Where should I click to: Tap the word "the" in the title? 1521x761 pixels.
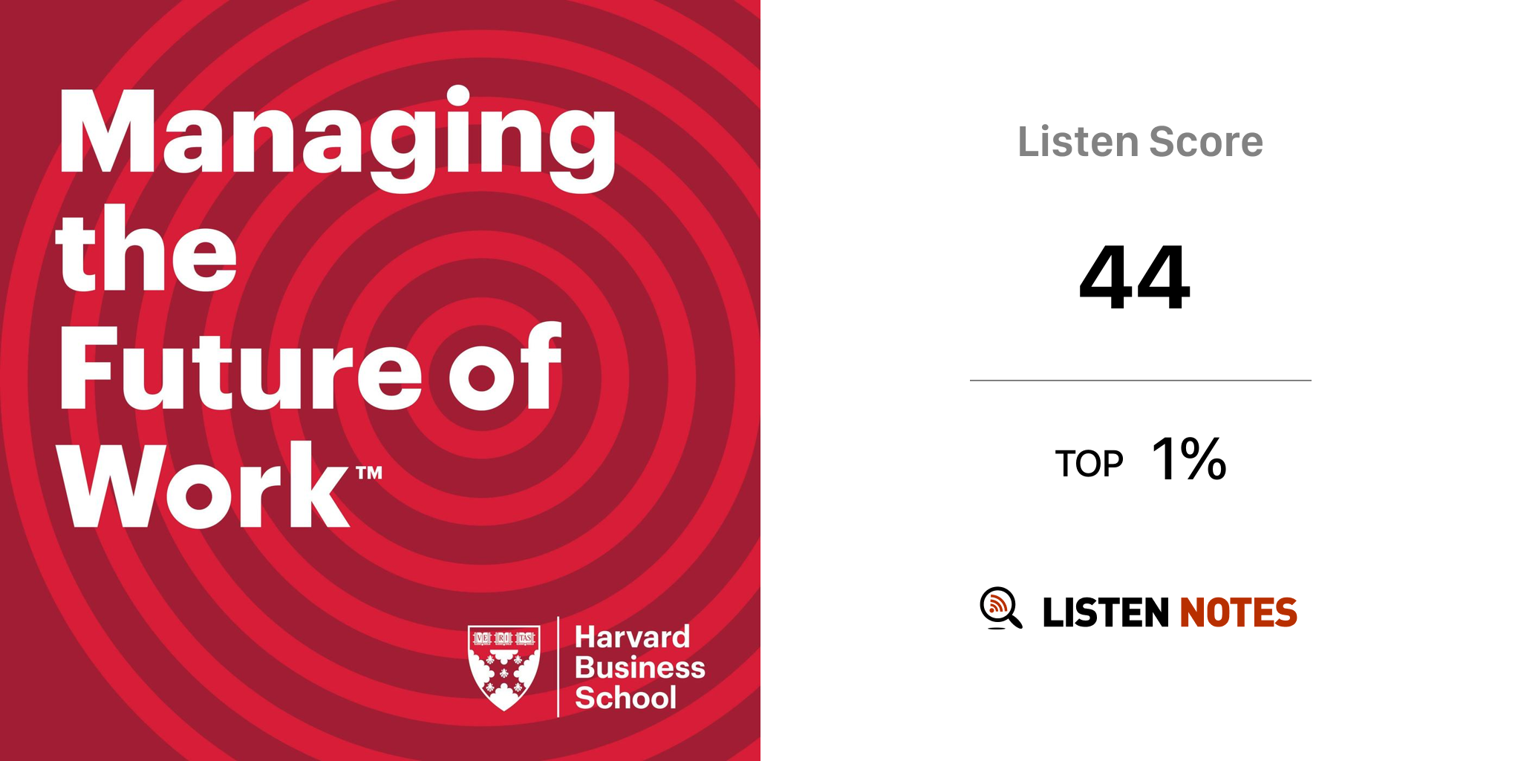tap(146, 248)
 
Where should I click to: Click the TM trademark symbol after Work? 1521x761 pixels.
tap(369, 473)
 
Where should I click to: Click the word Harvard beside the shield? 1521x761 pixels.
tap(633, 638)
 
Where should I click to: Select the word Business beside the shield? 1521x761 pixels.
tap(640, 667)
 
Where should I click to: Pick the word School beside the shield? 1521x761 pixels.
tap(626, 698)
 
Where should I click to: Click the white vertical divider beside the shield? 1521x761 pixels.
tap(558, 667)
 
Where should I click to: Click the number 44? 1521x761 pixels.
tap(1135, 277)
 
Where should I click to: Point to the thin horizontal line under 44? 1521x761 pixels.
tap(1141, 380)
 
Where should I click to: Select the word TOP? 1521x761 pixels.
tap(1090, 464)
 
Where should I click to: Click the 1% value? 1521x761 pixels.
tap(1189, 459)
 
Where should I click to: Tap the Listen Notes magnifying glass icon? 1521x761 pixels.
tap(1001, 608)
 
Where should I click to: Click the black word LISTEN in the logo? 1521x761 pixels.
tap(1106, 612)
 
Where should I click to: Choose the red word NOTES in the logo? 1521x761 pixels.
tap(1239, 612)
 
